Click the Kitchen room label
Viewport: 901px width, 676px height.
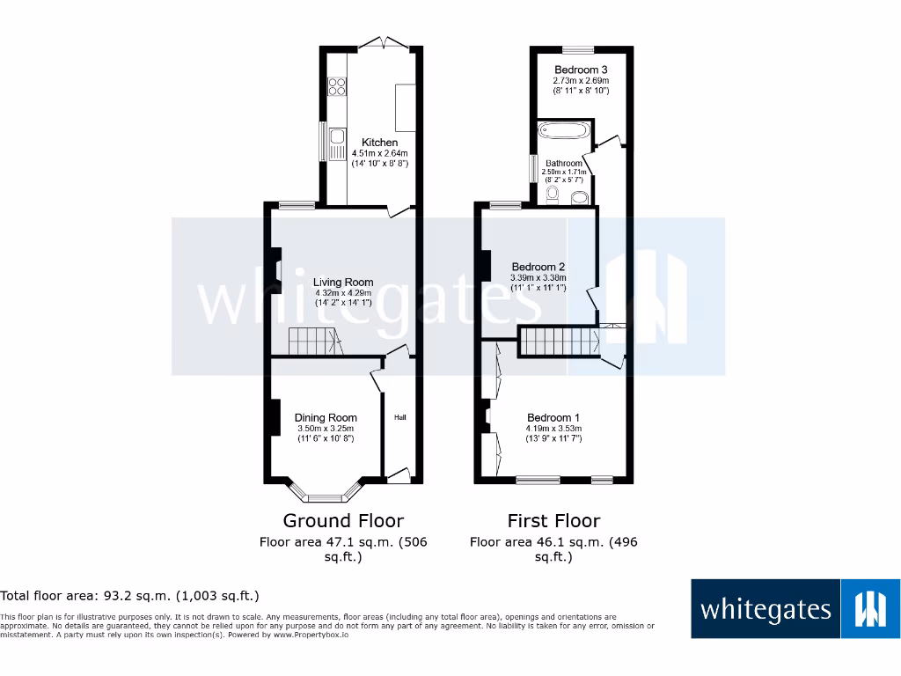pyautogui.click(x=380, y=143)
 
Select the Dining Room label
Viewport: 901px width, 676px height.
pyautogui.click(x=326, y=417)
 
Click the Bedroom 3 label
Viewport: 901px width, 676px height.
pyautogui.click(x=581, y=70)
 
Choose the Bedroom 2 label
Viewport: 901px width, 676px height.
pyautogui.click(x=538, y=267)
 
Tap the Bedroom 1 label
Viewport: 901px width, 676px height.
pyautogui.click(x=553, y=417)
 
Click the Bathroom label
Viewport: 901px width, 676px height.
pyautogui.click(x=563, y=164)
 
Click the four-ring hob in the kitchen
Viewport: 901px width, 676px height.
pyautogui.click(x=336, y=86)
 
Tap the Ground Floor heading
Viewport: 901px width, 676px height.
pyautogui.click(x=343, y=520)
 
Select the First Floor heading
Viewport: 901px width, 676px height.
pyautogui.click(x=553, y=520)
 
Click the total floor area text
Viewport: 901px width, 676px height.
pyautogui.click(x=130, y=596)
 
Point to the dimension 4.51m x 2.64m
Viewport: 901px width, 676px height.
pyautogui.click(x=380, y=153)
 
